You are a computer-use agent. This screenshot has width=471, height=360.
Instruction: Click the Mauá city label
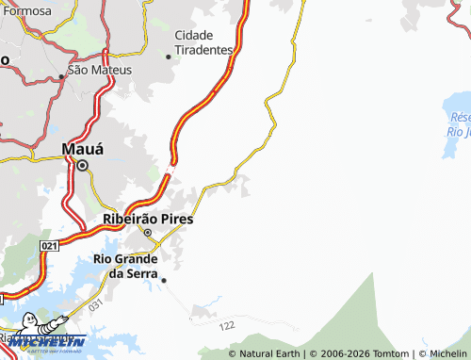(x=82, y=148)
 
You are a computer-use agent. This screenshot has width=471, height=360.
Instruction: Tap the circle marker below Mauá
(x=82, y=166)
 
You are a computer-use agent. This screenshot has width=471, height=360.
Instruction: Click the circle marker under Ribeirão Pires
(x=147, y=232)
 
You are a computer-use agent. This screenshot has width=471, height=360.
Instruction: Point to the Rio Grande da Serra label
(x=131, y=266)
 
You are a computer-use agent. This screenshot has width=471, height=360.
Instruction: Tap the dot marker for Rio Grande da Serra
(x=164, y=279)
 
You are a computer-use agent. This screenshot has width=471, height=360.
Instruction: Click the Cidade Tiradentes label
(x=203, y=41)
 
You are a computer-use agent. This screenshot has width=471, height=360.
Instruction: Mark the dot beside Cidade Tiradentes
(x=169, y=57)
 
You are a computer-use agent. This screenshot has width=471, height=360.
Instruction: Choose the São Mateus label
(x=99, y=70)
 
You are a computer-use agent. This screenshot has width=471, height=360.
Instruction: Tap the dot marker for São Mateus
(x=61, y=75)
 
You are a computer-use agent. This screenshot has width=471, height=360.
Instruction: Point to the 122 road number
(x=227, y=325)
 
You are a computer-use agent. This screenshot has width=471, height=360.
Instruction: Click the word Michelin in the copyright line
(x=448, y=353)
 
